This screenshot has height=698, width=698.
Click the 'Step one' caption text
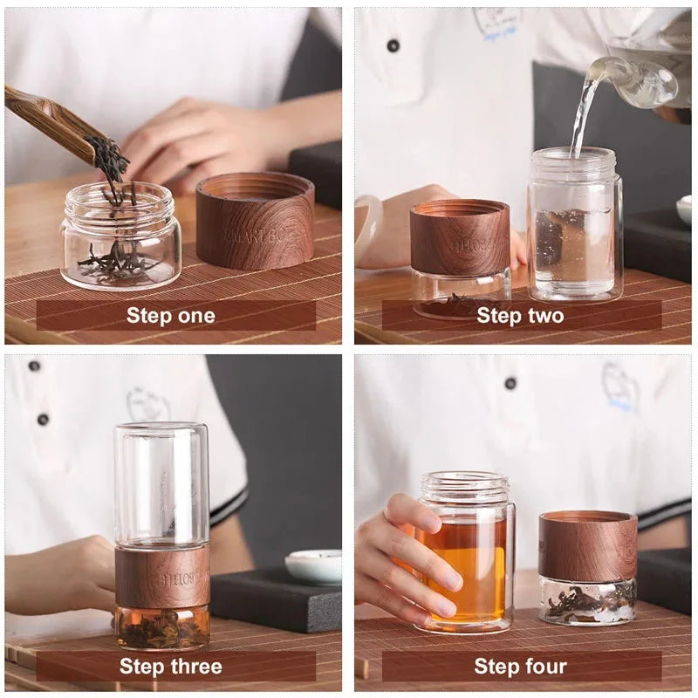tap(170, 315)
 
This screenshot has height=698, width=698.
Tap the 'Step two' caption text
tap(520, 315)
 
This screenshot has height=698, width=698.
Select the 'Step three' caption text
tap(170, 667)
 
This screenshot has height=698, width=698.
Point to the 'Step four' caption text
tap(520, 667)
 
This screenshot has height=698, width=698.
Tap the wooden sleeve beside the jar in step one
tap(255, 221)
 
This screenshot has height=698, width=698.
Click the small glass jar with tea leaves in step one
tap(120, 240)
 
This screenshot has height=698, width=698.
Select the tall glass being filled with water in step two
tap(575, 227)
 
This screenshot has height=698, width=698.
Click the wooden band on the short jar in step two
tap(460, 237)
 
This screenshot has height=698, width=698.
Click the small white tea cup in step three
tap(314, 565)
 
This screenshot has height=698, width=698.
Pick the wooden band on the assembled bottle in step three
tap(161, 577)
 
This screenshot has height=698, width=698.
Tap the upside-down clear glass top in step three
tap(161, 484)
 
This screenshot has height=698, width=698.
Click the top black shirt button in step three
tap(34, 366)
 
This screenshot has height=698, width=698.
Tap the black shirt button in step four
tap(510, 382)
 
